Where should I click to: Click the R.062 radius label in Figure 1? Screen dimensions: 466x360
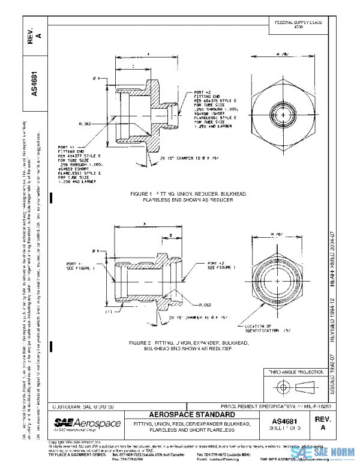85,123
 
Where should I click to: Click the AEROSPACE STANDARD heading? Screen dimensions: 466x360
193,414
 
